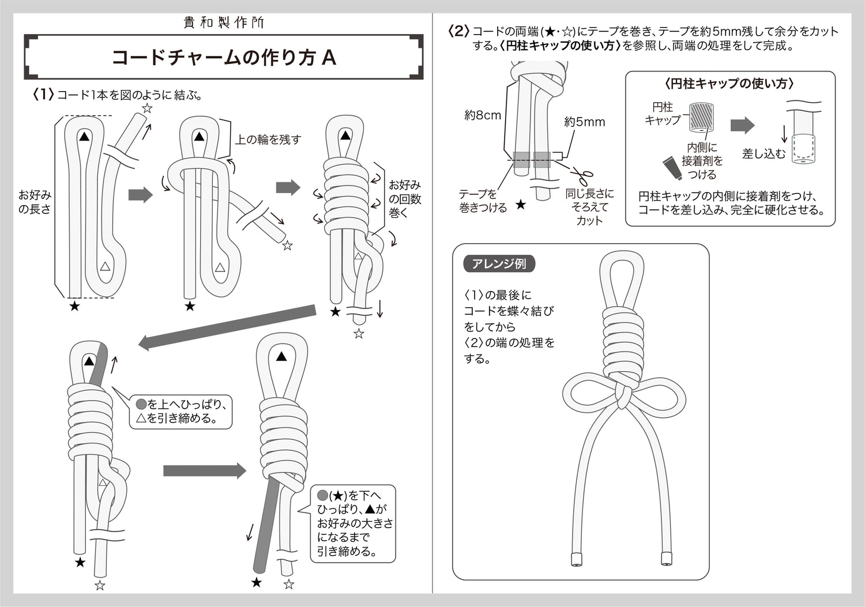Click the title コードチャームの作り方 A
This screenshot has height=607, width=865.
224,58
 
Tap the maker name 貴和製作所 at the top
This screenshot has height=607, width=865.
224,22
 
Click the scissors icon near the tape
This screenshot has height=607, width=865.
582,178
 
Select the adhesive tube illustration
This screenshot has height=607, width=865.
672,168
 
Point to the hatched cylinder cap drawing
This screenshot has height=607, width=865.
701,117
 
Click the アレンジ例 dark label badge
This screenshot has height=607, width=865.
499,264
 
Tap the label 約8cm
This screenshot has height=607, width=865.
483,115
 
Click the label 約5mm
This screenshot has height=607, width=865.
584,122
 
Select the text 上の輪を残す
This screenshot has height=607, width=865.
268,140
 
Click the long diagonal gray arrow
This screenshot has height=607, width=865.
227,327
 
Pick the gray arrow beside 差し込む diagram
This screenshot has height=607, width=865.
742,126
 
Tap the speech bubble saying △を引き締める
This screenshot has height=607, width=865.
180,412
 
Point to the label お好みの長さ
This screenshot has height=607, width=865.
35,202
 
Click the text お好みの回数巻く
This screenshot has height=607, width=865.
404,199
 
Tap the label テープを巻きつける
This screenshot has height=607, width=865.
483,201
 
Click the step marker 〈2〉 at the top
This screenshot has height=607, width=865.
458,31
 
